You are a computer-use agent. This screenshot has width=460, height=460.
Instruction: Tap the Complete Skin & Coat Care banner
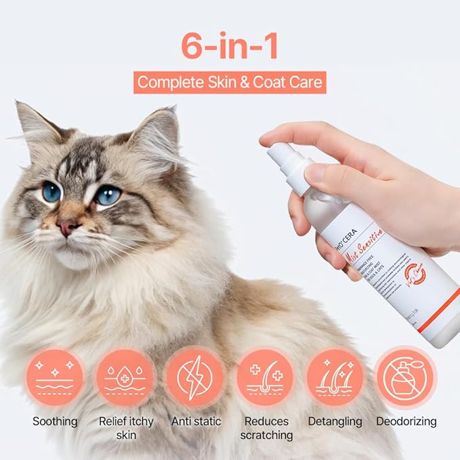point(230,83)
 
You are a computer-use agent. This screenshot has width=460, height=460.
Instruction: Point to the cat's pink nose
point(68,228)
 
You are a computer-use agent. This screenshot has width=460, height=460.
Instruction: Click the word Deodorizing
point(405,421)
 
